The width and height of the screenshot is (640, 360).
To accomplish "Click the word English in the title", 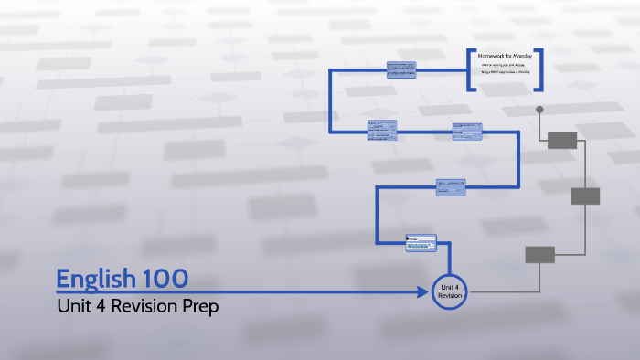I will (x=95, y=279).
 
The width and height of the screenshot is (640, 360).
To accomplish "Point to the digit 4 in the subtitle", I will (x=95, y=306).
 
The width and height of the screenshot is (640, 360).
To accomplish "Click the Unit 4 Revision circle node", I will (x=449, y=291).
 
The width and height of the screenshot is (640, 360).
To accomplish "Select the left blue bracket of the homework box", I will (x=471, y=69).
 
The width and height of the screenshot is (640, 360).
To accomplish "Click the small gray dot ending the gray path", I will (x=539, y=110).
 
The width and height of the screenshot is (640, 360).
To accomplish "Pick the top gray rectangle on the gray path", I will (x=562, y=140).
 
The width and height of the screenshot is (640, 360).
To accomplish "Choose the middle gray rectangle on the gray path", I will (x=585, y=196).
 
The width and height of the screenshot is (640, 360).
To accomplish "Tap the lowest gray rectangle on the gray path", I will (x=539, y=255).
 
